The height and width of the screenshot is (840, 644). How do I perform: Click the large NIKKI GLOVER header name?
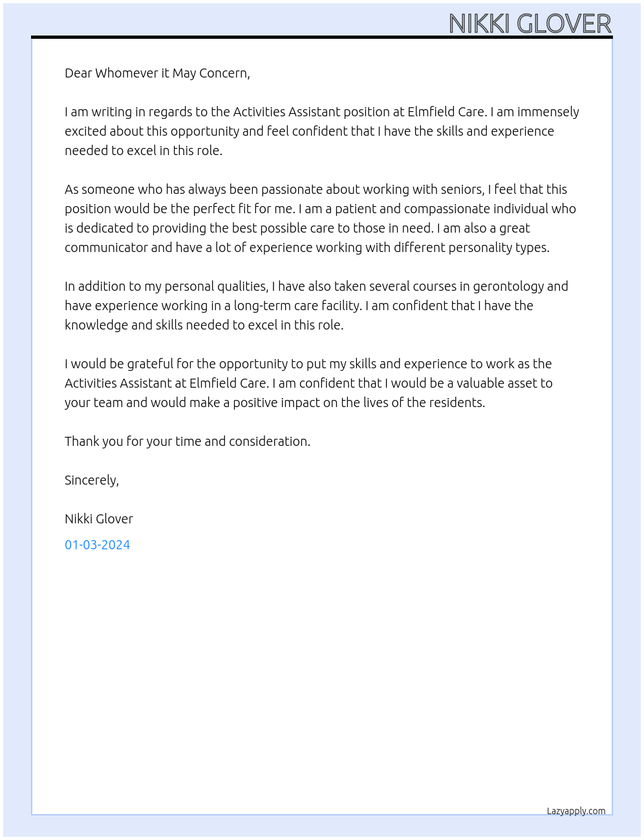[530, 24]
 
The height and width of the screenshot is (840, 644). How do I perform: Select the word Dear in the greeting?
[78, 73]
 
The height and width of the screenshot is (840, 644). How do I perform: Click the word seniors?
[462, 189]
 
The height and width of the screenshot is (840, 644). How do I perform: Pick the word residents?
[456, 403]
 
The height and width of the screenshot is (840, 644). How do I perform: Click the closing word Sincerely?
[91, 480]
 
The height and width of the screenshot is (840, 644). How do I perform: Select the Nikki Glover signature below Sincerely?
[99, 519]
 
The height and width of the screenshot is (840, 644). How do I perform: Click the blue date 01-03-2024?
[98, 545]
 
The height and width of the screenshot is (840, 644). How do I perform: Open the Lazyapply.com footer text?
[576, 811]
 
